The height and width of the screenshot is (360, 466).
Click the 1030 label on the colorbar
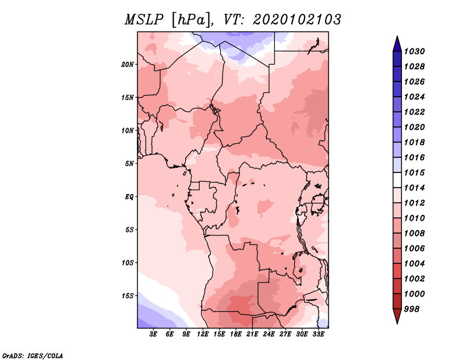(414, 51)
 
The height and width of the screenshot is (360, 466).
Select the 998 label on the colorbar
(412, 309)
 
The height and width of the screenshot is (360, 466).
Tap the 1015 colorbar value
(414, 172)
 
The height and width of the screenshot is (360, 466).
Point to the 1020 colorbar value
(414, 127)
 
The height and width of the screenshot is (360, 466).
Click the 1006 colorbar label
(414, 249)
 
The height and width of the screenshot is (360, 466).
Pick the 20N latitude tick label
(127, 65)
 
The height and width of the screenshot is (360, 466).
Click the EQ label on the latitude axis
(129, 197)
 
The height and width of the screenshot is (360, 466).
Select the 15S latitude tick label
(128, 296)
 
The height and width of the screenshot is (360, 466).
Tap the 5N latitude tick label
(129, 164)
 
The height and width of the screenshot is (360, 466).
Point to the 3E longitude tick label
(153, 334)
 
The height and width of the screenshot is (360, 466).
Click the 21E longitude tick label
(252, 334)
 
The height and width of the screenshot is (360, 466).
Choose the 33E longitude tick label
(318, 334)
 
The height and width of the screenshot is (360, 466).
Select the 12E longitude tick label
(203, 334)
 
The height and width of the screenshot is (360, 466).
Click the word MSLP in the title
(144, 20)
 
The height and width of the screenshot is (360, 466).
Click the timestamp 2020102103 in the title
(297, 20)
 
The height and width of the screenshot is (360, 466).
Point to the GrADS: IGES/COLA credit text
(33, 355)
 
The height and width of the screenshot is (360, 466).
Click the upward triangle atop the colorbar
(397, 44)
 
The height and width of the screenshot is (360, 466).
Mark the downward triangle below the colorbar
(397, 316)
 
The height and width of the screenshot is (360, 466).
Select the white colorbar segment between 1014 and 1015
(397, 180)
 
